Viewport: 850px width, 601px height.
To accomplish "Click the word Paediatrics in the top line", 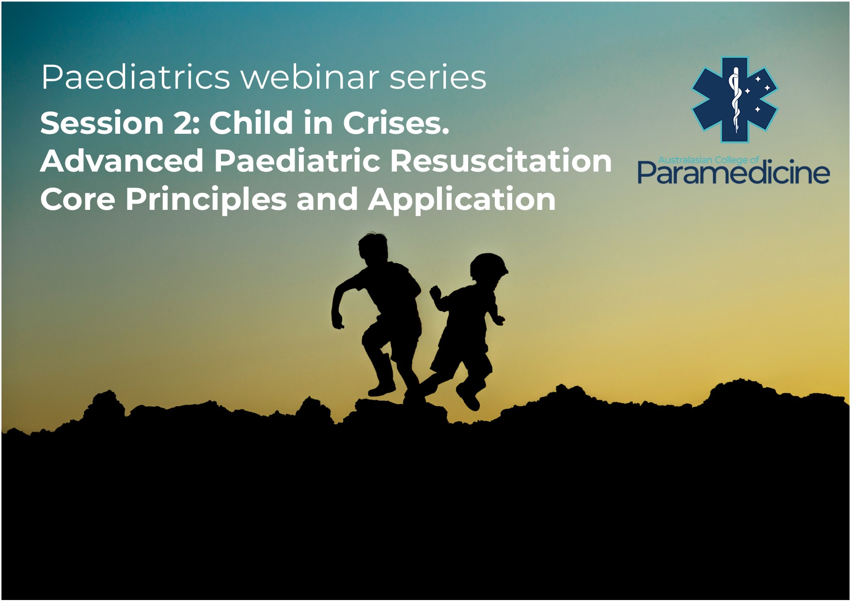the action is pos(135,77).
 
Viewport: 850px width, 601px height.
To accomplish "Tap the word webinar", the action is pos(309,77).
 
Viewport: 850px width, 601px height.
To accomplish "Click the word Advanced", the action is pos(122,160).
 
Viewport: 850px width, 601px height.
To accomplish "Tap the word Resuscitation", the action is pos(501,160).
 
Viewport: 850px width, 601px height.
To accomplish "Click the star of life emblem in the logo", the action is pos(734,100).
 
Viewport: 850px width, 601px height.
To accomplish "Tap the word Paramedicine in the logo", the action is pos(733,172).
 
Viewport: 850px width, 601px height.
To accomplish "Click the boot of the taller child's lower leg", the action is pos(382,388).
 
